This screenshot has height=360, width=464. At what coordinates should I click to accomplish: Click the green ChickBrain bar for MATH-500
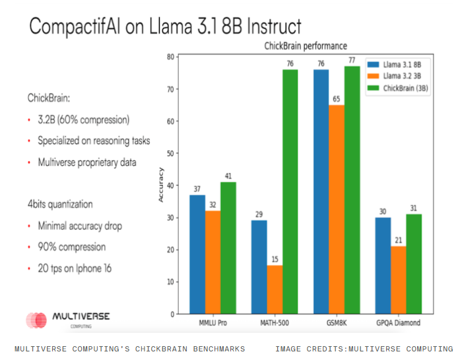coord(290,192)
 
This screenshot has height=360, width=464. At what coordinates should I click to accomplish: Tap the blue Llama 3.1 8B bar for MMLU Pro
coord(197,254)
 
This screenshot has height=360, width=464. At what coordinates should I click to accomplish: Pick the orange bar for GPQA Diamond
coord(399,280)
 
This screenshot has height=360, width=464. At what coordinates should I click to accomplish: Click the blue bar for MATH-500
coord(259,267)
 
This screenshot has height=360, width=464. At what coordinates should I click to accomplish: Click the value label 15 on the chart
coord(275,259)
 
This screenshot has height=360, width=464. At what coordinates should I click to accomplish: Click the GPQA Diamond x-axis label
coord(399,324)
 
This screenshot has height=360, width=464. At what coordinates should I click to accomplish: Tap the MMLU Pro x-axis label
coord(213,324)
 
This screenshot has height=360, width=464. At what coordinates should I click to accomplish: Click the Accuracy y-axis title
coord(161,186)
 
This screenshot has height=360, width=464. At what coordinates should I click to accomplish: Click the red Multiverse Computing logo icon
coord(36,320)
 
